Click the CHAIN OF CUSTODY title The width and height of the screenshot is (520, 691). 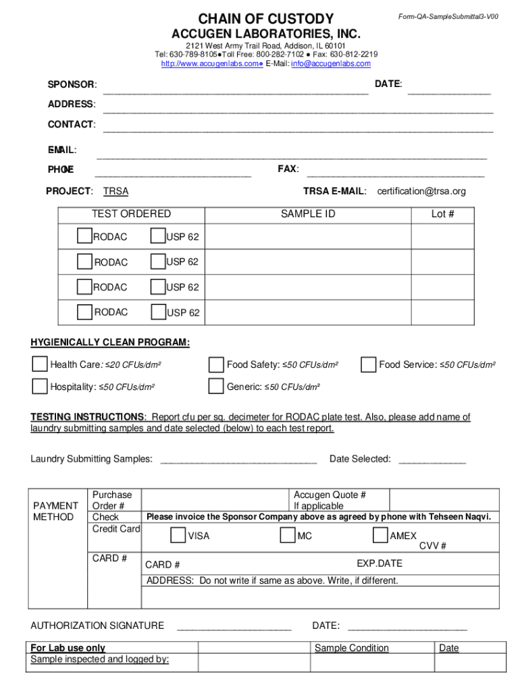point(265,19)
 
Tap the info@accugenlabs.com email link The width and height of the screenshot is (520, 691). point(331,63)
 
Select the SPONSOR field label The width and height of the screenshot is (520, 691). point(72,84)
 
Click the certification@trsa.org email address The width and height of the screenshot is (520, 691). point(421,191)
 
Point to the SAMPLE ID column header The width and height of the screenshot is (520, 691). point(308,214)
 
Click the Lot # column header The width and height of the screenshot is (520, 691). point(443,214)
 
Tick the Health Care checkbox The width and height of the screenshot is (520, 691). point(41,364)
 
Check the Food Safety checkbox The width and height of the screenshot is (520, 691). point(216,364)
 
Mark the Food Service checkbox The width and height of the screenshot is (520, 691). point(369,364)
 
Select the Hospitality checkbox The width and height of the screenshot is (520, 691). point(41,387)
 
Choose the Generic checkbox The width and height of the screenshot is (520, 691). point(216,387)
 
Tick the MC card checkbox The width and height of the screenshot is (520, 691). point(288,535)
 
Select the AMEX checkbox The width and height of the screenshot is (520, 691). point(380,535)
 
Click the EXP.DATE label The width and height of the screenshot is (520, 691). point(379,563)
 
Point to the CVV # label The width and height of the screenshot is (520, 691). point(432,546)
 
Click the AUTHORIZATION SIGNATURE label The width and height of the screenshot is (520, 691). point(97,626)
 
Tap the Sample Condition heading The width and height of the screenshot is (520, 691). point(352,648)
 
